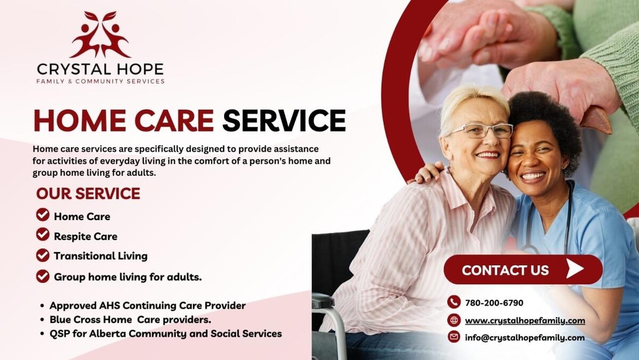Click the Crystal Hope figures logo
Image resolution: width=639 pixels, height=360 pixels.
click(100, 34)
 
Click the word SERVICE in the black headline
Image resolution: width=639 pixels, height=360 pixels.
click(284, 120)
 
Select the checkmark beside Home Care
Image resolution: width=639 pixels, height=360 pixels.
click(43, 215)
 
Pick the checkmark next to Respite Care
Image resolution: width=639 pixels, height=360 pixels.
click(43, 234)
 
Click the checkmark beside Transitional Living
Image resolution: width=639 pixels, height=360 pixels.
click(43, 255)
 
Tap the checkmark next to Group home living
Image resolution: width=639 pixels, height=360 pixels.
click(43, 276)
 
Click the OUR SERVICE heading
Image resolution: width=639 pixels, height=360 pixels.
click(88, 193)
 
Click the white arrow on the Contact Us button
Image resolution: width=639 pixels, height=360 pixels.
click(575, 268)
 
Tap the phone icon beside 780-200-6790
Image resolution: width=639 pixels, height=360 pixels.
click(454, 302)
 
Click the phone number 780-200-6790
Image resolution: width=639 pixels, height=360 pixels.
click(494, 302)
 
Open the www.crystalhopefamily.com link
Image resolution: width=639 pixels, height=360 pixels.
click(525, 321)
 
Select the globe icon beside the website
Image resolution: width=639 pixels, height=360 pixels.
click(454, 320)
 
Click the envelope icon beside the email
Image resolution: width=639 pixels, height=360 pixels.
click(454, 337)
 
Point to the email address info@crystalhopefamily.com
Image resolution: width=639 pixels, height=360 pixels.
click(525, 338)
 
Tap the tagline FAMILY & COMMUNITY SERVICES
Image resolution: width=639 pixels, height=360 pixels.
click(101, 81)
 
